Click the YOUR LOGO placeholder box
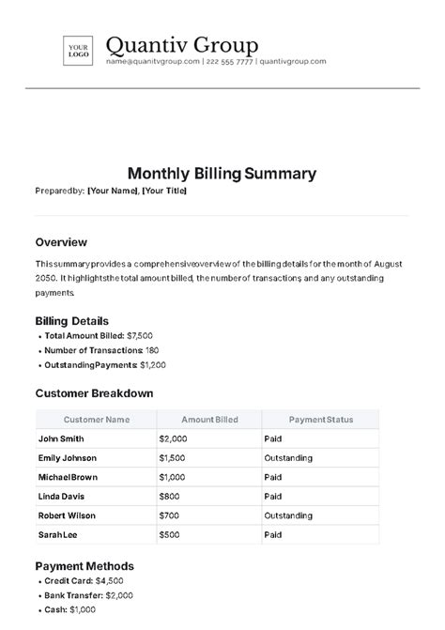coord(78,50)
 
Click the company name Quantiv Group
coord(182,44)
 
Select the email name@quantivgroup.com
coord(153,62)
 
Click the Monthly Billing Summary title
coord(222,174)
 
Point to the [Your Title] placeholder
coord(164,192)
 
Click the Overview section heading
coord(61,241)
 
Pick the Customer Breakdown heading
coord(94,393)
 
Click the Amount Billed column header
coord(209,420)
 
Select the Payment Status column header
coord(320,420)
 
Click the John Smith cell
coord(61,438)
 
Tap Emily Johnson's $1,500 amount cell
coord(174,458)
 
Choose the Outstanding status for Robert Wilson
coord(288,515)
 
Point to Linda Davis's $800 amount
coord(171,497)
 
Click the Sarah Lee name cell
coord(58,535)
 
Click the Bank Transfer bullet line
coord(88,595)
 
